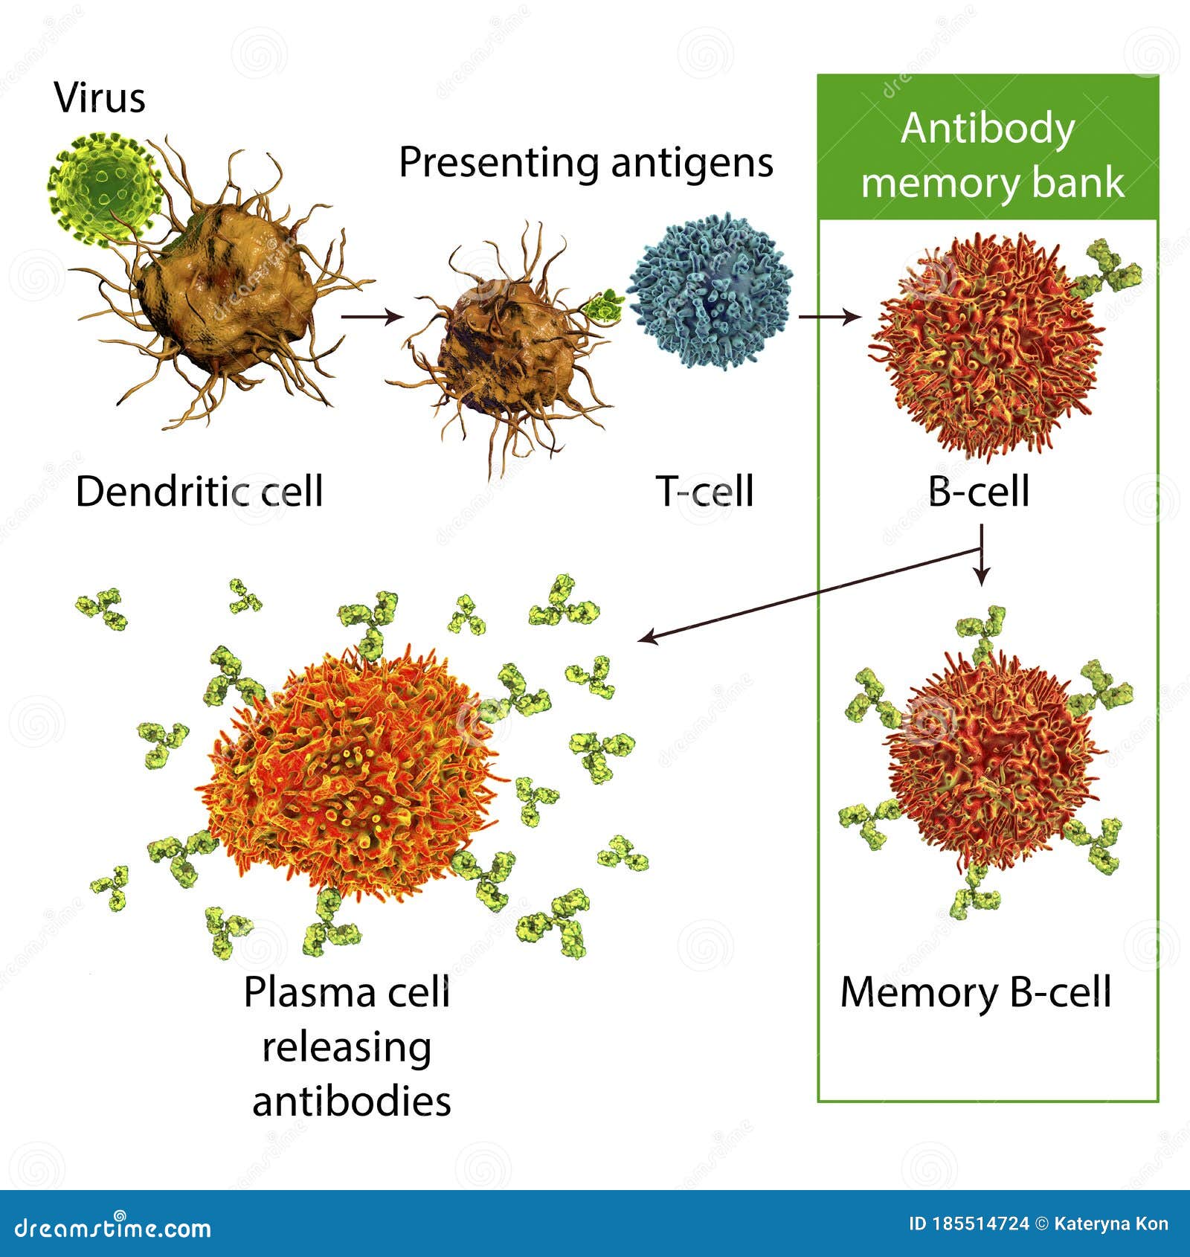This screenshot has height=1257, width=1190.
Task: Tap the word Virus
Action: click(100, 98)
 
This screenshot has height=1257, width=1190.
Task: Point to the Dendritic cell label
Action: click(199, 492)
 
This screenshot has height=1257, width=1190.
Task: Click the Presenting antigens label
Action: click(586, 162)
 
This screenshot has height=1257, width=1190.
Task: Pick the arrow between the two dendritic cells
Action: click(371, 317)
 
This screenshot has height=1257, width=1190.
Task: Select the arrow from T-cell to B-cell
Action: click(829, 317)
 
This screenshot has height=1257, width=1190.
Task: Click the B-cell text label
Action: click(979, 492)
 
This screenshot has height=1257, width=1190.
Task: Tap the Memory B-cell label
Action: click(976, 992)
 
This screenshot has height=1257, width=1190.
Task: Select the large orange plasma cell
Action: click(350, 770)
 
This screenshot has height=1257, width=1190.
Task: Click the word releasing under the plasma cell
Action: click(347, 1047)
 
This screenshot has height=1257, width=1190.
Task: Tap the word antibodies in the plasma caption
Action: click(352, 1102)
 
